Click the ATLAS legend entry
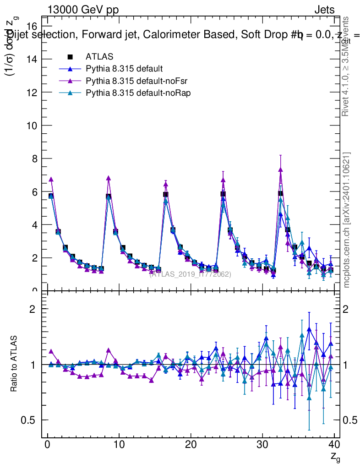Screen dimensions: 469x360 coord(99,57)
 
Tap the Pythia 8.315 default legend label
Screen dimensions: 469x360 coord(124,69)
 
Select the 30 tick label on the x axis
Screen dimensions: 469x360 coord(262,445)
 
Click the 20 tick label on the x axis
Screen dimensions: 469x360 coord(191,445)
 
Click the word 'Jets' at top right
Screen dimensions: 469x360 coord(324,10)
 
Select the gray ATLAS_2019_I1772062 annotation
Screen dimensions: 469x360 coord(190,274)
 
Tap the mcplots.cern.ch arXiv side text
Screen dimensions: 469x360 coord(347,220)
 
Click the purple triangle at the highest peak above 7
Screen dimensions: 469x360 coord(280,169)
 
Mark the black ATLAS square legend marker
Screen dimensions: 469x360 coord(70,57)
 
